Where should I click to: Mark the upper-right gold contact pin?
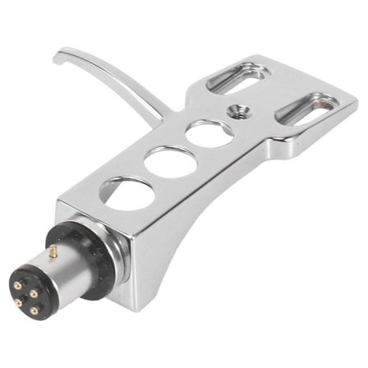(38, 294)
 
